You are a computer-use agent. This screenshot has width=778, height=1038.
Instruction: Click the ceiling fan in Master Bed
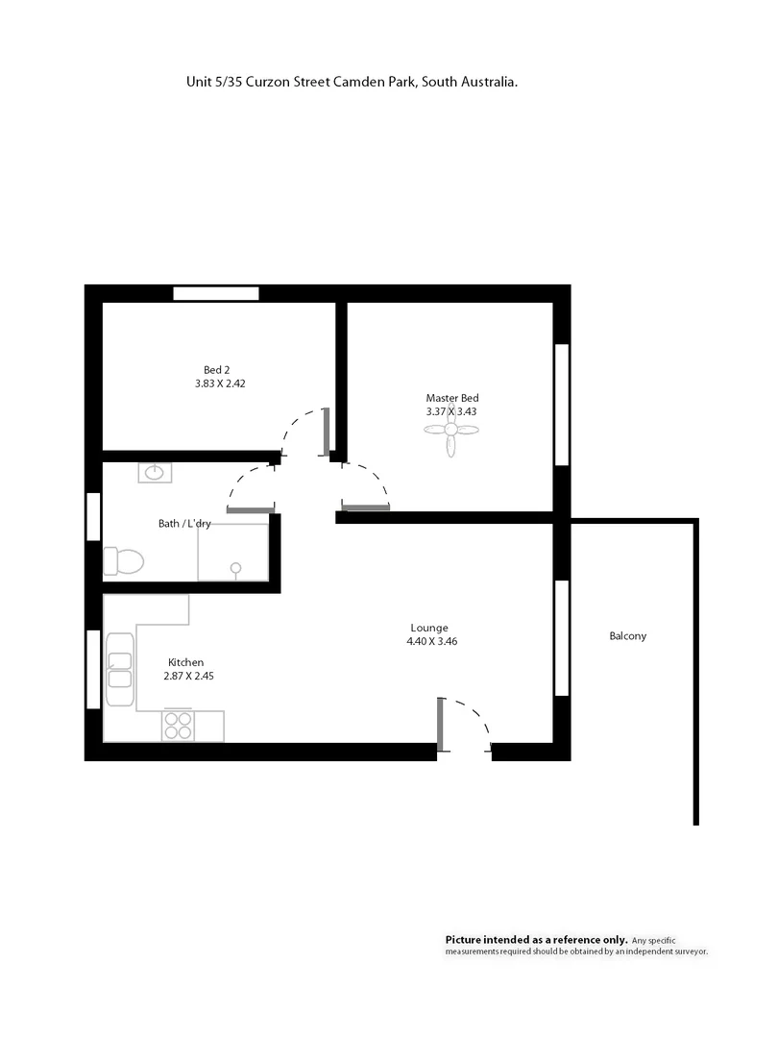click(x=450, y=434)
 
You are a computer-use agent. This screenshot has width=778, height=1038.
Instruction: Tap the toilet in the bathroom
click(x=123, y=559)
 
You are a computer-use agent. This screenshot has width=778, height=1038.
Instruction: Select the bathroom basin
click(x=155, y=473)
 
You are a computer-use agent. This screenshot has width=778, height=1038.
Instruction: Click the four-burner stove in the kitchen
click(x=177, y=725)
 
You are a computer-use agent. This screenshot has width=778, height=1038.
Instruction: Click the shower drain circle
click(x=236, y=568)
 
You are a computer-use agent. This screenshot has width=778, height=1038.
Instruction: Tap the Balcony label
click(x=627, y=636)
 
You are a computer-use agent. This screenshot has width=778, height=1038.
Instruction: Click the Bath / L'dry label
click(x=184, y=524)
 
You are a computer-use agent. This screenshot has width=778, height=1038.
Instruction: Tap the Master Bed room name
click(x=451, y=398)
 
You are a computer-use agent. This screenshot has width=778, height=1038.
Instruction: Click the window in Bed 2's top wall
click(x=216, y=293)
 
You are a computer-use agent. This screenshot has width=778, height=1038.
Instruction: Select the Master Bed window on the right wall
click(x=562, y=405)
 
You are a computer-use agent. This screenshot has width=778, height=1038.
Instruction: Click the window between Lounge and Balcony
click(x=562, y=637)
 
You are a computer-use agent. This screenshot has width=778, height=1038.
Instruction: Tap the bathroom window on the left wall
click(x=93, y=516)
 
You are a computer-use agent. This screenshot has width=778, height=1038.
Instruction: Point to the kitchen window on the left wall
click(x=93, y=669)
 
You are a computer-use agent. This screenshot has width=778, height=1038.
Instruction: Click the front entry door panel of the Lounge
click(x=440, y=724)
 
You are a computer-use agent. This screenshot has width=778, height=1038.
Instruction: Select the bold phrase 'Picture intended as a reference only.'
click(x=536, y=939)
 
